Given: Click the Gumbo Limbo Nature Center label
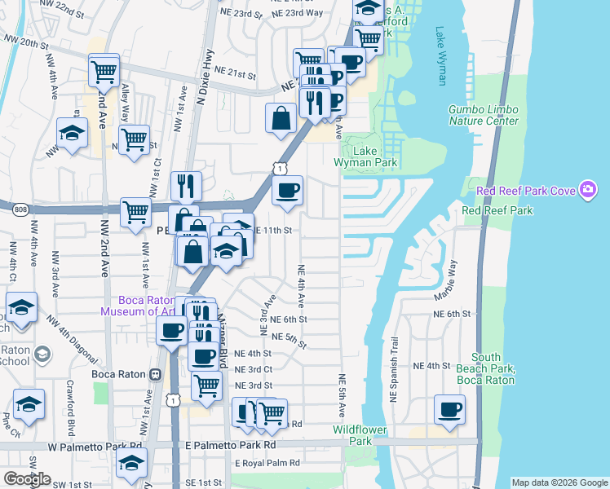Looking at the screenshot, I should pos(483,115).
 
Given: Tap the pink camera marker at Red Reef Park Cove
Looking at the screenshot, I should pos(587,191).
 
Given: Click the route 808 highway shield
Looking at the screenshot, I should pos(20,210).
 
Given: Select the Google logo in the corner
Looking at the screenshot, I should pos(28,480).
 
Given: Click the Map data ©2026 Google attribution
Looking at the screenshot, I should pos(559,482).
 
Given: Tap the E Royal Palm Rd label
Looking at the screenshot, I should pos(267,463).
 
